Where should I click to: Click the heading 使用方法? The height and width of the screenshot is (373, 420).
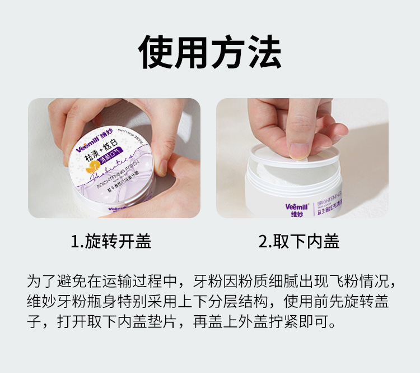click(210, 52)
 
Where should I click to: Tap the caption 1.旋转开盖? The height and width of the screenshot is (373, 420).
click(111, 241)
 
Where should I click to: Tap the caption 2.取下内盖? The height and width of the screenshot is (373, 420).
click(299, 241)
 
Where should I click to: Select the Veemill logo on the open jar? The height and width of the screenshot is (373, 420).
click(296, 205)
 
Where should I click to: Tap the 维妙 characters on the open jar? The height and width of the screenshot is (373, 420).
click(296, 213)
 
